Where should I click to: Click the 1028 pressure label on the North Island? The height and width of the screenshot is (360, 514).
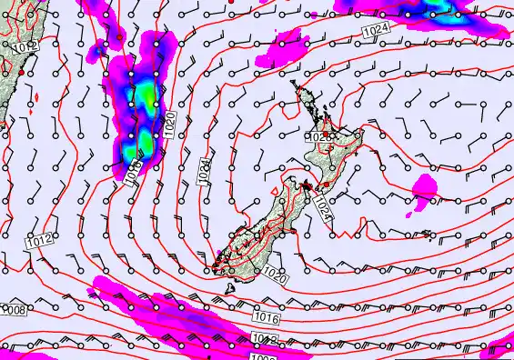[319, 136]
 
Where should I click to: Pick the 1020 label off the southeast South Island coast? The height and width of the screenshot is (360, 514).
[276, 272]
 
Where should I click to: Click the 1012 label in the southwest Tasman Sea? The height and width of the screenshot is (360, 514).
[35, 241]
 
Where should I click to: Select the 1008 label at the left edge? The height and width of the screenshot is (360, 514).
[13, 310]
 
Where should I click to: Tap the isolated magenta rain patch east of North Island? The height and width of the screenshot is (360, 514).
[423, 188]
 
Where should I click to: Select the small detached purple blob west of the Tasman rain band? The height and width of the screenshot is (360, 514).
[119, 166]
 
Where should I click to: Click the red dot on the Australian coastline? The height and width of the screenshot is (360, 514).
[20, 71]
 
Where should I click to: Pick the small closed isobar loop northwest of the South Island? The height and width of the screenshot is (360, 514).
[275, 191]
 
